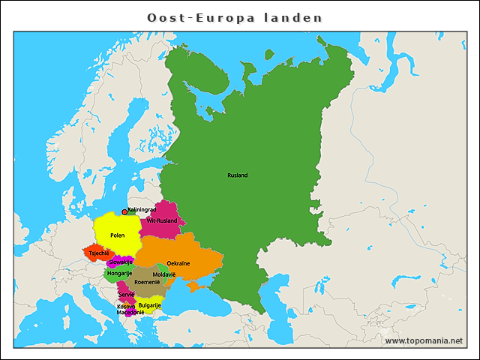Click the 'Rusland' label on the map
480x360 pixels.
[x=237, y=175]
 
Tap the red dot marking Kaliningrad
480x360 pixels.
[x=124, y=212]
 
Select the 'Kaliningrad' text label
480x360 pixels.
[x=142, y=210]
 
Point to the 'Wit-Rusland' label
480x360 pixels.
[x=162, y=221]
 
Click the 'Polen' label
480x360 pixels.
[x=117, y=235]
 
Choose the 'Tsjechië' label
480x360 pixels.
[x=99, y=253]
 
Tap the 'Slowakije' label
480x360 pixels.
[x=120, y=262]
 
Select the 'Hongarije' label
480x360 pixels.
[x=119, y=273]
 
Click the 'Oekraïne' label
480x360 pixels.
[x=178, y=263]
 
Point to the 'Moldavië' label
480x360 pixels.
[x=164, y=274]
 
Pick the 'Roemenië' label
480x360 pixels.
[x=147, y=282]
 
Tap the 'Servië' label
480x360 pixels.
[x=126, y=295]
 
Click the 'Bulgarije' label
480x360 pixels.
[x=150, y=305]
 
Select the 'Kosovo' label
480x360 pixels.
[x=126, y=306]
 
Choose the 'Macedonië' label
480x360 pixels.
[x=130, y=312]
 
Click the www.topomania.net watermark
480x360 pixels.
[x=424, y=340]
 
